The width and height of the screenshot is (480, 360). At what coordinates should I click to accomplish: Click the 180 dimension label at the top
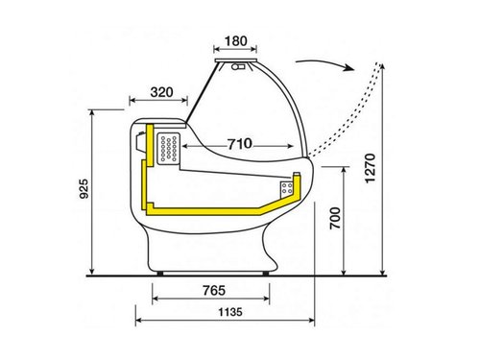[x=235, y=41]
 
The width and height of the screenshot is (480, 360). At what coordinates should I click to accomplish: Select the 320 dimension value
[x=161, y=92]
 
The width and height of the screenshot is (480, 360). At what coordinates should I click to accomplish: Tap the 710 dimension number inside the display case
[x=240, y=144]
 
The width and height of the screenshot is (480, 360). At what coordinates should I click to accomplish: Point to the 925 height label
[x=84, y=189]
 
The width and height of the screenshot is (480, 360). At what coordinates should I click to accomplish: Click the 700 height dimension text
[x=335, y=218]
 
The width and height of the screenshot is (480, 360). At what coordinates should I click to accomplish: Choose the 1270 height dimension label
[x=370, y=168]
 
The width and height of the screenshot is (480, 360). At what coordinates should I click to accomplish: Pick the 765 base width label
[x=214, y=290]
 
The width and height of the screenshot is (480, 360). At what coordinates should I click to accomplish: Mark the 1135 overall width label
[x=230, y=312]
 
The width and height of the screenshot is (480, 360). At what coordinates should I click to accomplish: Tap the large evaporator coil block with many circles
[x=169, y=149]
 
